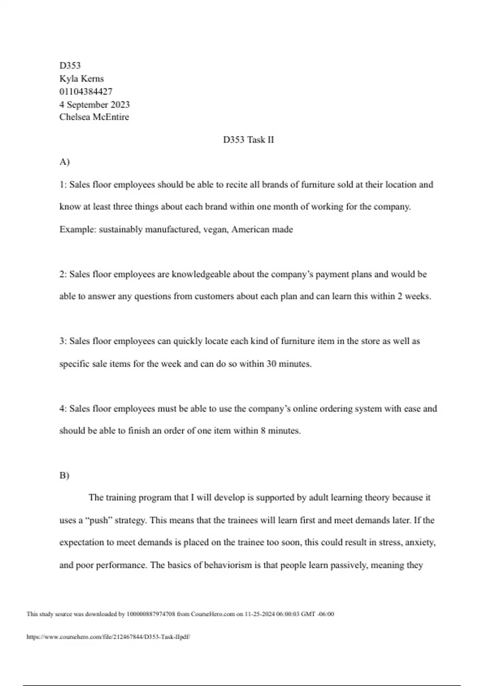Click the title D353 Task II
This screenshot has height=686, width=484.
pyautogui.click(x=248, y=140)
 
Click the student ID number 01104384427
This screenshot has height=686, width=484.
pyautogui.click(x=86, y=92)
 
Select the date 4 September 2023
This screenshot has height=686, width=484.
pyautogui.click(x=94, y=105)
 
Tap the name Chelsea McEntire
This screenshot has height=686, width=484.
pyautogui.click(x=94, y=117)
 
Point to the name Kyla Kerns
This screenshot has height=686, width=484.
pyautogui.click(x=81, y=79)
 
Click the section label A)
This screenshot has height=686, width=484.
pyautogui.click(x=65, y=162)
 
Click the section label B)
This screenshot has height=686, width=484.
pyautogui.click(x=65, y=475)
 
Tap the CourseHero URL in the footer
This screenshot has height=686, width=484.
pyautogui.click(x=108, y=637)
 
